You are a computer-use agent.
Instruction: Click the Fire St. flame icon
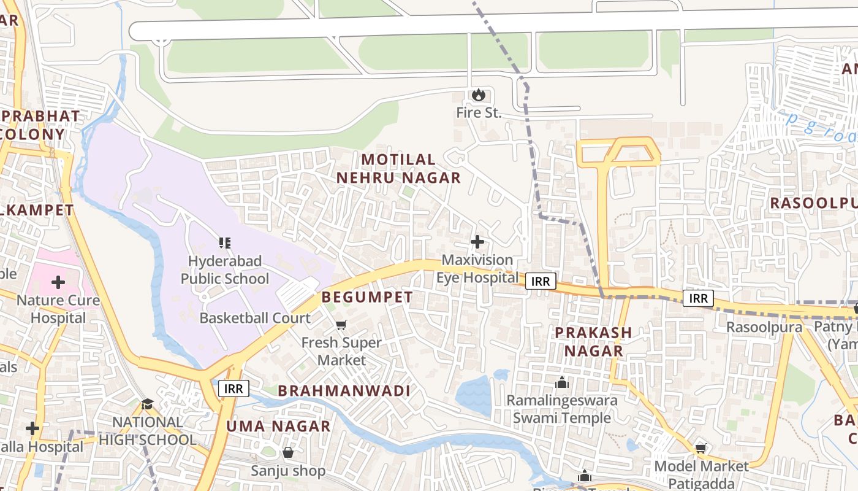tap(478, 95)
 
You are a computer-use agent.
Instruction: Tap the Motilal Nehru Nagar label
tap(398, 169)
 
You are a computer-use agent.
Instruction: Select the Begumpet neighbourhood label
tap(367, 297)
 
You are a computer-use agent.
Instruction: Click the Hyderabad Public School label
tap(224, 270)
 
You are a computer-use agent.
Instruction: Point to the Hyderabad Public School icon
tap(225, 243)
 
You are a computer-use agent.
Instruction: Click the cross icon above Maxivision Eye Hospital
tap(477, 242)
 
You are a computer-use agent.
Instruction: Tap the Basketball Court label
tap(255, 318)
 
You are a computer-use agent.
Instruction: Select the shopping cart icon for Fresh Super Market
tap(341, 325)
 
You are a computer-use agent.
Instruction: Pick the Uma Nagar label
tap(278, 426)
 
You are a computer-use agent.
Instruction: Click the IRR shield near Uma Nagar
tap(233, 389)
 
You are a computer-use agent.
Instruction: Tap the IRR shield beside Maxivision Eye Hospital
tap(540, 281)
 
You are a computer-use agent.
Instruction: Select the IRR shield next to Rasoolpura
tap(698, 299)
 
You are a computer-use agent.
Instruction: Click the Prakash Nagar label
tap(593, 342)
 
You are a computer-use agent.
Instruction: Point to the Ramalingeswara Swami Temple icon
tap(562, 383)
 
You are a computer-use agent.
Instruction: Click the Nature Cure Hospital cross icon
tap(58, 282)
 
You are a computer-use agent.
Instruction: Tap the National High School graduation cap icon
tap(147, 404)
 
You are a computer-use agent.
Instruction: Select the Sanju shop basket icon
tap(288, 453)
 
